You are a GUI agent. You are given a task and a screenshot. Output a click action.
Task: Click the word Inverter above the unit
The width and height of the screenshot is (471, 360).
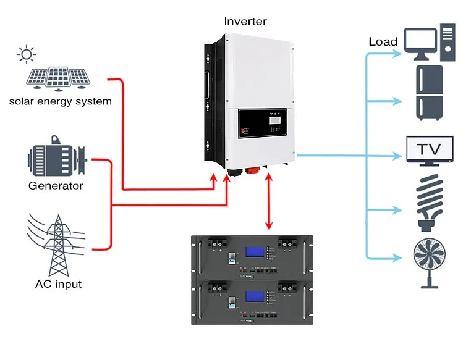tap(245, 22)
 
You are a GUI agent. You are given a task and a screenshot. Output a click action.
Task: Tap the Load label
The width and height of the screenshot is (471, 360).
tap(383, 42)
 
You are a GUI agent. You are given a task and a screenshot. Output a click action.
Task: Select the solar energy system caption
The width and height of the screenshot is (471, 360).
tap(60, 101)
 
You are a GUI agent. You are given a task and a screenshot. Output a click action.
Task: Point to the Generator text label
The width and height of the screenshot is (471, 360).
tap(56, 185)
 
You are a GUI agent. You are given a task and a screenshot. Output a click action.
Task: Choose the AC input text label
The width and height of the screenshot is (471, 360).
tap(58, 285)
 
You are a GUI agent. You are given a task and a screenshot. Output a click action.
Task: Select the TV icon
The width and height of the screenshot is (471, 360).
tap(430, 150)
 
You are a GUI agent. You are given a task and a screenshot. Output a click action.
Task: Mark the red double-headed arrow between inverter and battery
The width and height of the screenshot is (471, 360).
tap(269, 201)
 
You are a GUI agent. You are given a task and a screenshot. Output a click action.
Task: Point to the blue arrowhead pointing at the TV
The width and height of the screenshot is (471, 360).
tap(400, 155)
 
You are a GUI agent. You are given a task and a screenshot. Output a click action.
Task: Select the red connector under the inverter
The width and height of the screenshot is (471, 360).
tap(251, 170)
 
